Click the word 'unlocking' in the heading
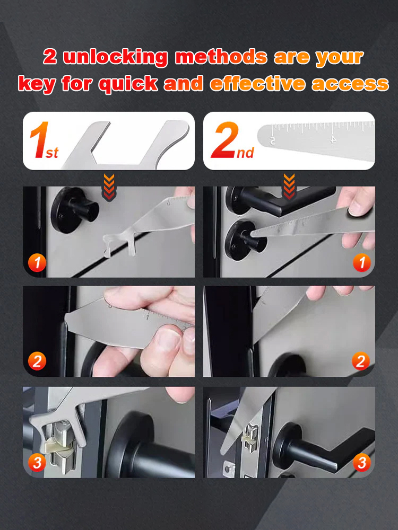pyautogui.click(x=115, y=57)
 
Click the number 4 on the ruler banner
pyautogui.click(x=333, y=139)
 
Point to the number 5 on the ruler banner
pyautogui.click(x=272, y=141)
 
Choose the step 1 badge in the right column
pyautogui.click(x=361, y=262)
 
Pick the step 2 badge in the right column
pyautogui.click(x=361, y=362)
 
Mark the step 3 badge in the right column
pyautogui.click(x=361, y=463)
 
